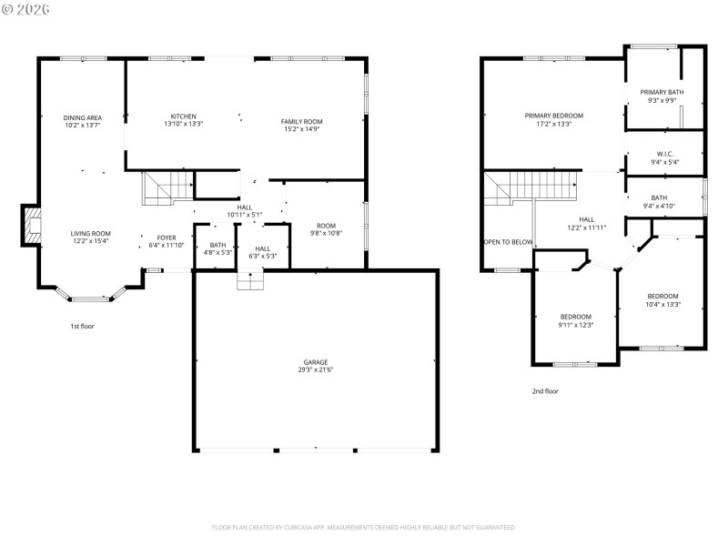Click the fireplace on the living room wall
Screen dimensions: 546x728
(x=32, y=225)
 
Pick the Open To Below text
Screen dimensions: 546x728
(x=508, y=242)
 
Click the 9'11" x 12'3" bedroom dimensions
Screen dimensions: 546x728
(x=575, y=324)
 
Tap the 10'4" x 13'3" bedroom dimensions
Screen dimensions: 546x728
(x=662, y=304)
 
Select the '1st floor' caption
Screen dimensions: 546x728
(x=82, y=326)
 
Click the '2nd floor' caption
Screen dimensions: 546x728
(x=545, y=391)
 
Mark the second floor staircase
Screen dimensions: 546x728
(x=532, y=188)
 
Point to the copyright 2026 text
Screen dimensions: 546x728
(x=27, y=8)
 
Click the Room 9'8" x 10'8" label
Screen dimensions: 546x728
(x=326, y=229)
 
